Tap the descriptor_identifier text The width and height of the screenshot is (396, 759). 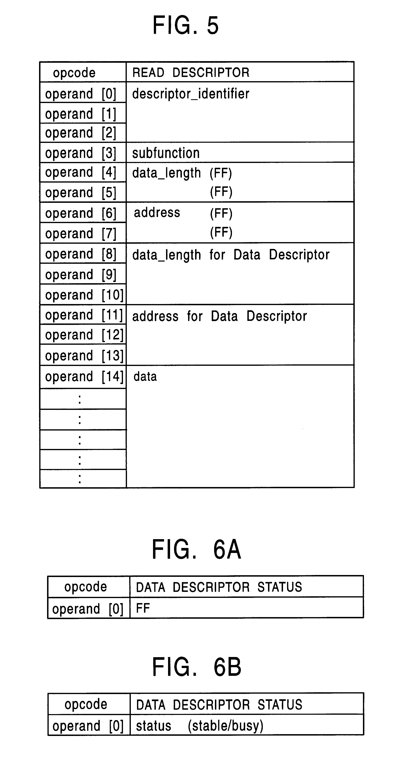190,94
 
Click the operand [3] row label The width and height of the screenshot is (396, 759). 81,153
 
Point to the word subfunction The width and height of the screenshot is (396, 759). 166,153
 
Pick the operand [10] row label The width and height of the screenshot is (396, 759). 84,295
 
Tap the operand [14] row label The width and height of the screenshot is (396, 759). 84,377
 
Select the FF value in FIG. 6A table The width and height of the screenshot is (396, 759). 143,608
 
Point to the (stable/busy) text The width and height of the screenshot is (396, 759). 226,726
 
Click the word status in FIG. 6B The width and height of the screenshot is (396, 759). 153,726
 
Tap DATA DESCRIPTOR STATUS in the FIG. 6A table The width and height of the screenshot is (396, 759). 219,587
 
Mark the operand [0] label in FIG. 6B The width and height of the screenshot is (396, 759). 88,726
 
